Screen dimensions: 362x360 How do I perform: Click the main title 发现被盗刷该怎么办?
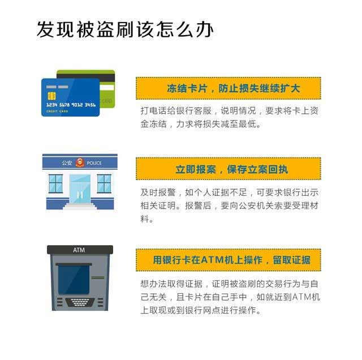pos(124,29)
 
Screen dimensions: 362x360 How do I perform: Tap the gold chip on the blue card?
pos(51,96)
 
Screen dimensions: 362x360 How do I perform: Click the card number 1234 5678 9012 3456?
pos(71,105)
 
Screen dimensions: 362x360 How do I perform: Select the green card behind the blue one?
pos(86,89)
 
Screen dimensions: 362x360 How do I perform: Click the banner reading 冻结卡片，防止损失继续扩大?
pos(229,88)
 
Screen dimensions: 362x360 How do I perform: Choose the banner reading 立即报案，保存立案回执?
pos(229,169)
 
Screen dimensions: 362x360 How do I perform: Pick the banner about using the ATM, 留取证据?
pos(229,260)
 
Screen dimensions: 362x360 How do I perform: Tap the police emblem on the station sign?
pos(80,162)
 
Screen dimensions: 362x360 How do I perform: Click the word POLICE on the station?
pos(94,163)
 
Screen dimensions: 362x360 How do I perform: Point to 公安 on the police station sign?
pos(67,163)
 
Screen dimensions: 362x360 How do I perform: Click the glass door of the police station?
pos(80,189)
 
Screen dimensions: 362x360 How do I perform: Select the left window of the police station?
pos(55,184)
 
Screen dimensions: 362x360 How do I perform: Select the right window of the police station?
pos(104,184)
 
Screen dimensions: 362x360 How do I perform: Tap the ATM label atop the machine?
pos(79,250)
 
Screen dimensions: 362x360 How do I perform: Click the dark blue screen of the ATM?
pos(74,280)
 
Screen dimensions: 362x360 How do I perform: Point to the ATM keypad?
pos(80,302)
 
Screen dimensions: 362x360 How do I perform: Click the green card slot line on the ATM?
pos(98,277)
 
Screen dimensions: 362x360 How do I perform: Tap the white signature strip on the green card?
pos(107,88)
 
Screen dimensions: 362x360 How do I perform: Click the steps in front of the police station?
pos(80,207)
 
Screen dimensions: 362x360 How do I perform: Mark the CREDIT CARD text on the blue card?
pos(57,112)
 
